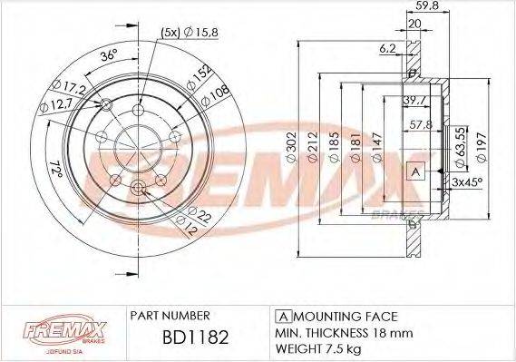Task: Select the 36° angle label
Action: point(108,55)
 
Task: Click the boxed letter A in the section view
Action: point(416,172)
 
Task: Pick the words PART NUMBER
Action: point(171,315)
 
